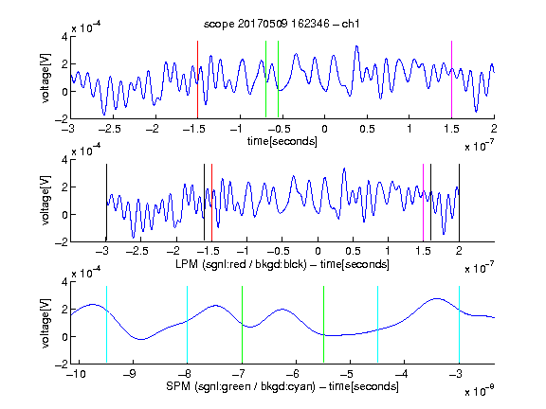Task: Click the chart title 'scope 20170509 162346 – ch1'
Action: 282,24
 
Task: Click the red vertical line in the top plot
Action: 197,80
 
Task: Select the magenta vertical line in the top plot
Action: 451,80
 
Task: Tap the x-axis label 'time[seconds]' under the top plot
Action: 282,141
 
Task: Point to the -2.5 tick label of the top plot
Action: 109,129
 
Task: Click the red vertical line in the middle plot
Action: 211,203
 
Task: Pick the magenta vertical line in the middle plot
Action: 423,203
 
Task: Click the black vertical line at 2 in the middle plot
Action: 460,203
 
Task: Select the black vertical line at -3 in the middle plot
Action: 106,203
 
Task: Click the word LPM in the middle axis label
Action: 188,264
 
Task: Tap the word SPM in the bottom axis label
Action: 178,386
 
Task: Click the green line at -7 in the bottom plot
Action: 242,325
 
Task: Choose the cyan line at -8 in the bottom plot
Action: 187,325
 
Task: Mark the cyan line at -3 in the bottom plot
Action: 459,325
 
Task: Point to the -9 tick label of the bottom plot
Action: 130,374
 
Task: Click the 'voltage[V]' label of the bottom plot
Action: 45,324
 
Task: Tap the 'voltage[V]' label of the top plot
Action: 45,78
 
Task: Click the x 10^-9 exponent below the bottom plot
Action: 479,390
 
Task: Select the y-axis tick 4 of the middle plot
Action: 64,160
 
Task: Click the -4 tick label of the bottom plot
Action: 401,374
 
